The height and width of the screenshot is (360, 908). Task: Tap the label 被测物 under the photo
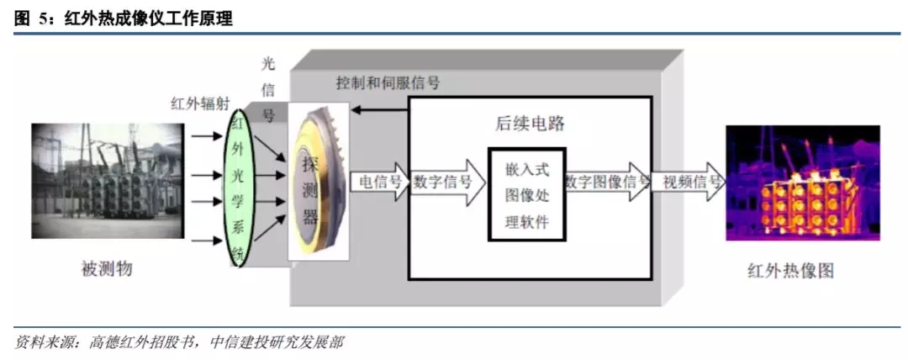pos(107,269)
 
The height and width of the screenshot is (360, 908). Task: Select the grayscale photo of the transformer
pos(108,182)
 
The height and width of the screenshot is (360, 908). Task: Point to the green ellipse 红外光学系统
pos(238,188)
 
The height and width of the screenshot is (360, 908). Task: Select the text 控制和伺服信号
pos(388,83)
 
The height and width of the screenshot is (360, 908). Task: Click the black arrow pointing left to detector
pos(380,109)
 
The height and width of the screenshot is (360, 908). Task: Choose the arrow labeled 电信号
pos(379,182)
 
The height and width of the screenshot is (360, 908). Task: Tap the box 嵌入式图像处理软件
pos(525,195)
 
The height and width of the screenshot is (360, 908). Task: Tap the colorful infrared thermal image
pos(803,183)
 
